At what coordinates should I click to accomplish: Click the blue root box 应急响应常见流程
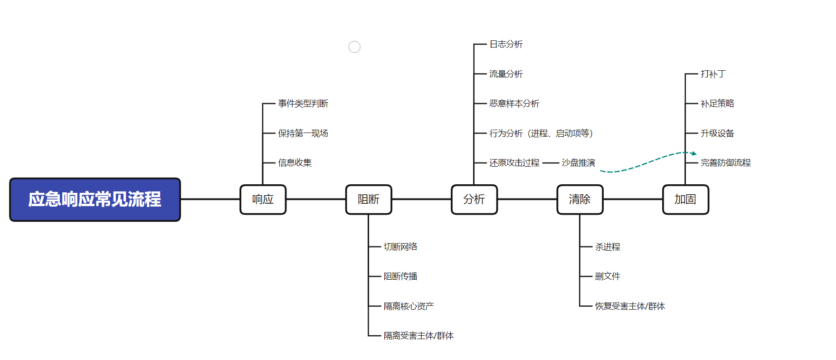click(x=95, y=199)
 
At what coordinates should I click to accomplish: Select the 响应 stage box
click(x=263, y=199)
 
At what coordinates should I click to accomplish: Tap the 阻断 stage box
click(x=369, y=199)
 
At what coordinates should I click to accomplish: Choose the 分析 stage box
click(x=474, y=199)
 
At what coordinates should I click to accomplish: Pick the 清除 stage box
click(x=580, y=199)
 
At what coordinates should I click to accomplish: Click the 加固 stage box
click(x=685, y=199)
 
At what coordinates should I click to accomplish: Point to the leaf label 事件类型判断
click(x=303, y=104)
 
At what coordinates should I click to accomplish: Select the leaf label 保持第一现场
click(x=303, y=133)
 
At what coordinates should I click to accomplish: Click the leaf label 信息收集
click(x=295, y=163)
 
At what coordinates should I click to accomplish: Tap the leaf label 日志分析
click(x=506, y=44)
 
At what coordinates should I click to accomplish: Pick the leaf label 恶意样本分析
click(x=514, y=104)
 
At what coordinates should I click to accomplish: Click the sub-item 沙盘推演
click(x=579, y=163)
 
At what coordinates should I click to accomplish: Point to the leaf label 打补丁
click(x=713, y=74)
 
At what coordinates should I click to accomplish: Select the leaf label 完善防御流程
click(x=726, y=163)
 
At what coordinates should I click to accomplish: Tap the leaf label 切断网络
click(x=400, y=247)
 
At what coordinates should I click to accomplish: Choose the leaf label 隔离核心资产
click(x=408, y=306)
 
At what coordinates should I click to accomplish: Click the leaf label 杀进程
click(x=608, y=247)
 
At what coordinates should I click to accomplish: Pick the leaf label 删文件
click(x=608, y=276)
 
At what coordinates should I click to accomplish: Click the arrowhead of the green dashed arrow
click(x=694, y=153)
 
